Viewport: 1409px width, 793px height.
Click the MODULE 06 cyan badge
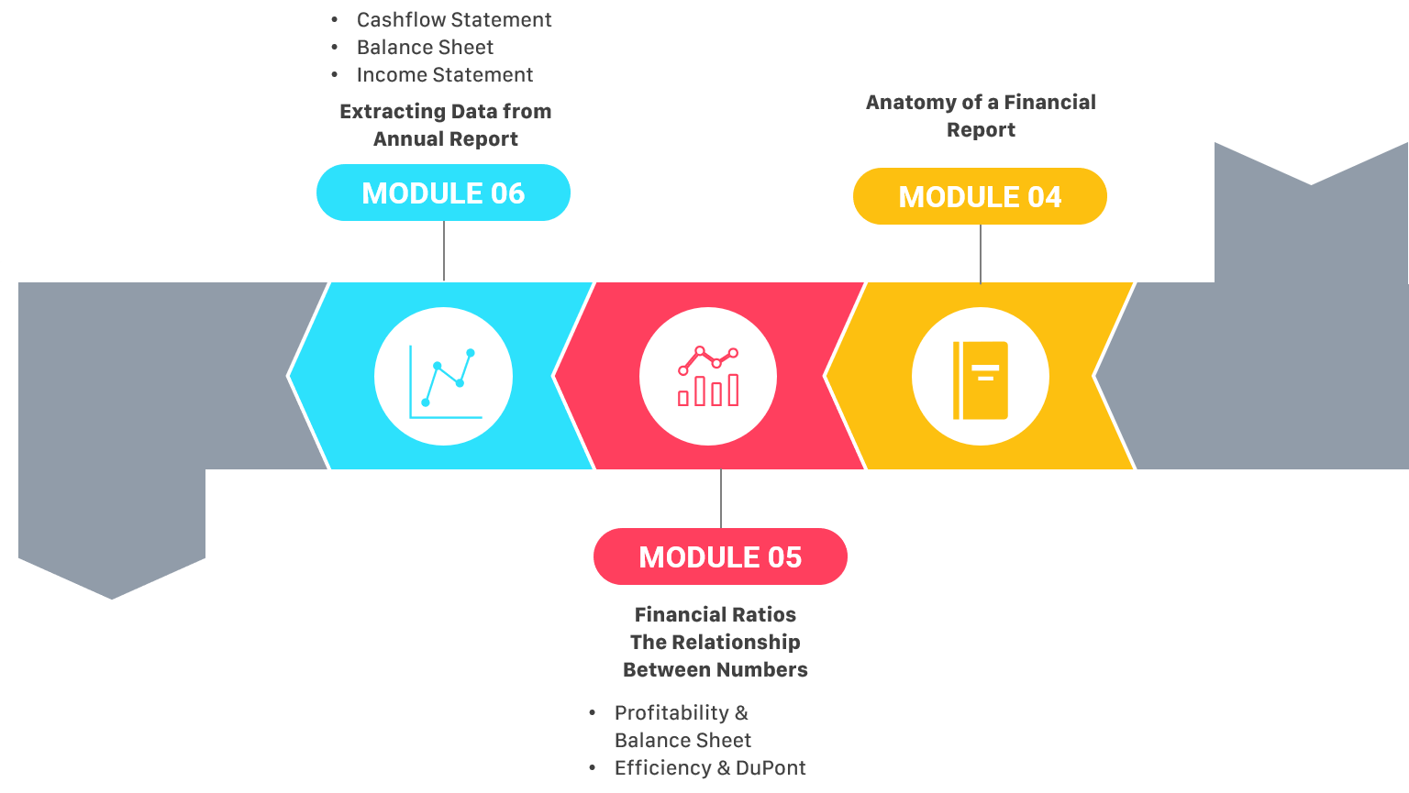(443, 193)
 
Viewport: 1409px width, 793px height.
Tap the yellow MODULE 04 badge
(980, 197)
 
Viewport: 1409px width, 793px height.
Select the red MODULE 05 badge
(720, 557)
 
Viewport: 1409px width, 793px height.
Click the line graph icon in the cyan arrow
(444, 377)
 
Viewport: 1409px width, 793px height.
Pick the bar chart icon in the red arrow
(708, 377)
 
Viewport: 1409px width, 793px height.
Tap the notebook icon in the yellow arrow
(981, 379)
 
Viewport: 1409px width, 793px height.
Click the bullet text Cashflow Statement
(454, 20)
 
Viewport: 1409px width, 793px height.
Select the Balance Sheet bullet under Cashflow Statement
(425, 48)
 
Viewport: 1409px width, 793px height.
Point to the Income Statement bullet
(445, 75)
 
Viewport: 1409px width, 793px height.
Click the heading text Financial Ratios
(716, 615)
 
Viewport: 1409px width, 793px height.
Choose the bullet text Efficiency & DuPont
(710, 768)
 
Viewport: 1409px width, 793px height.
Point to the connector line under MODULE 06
(444, 250)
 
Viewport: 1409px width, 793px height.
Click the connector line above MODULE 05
(721, 500)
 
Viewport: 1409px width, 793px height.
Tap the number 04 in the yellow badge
(1045, 197)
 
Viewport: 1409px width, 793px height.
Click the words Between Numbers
(716, 670)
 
